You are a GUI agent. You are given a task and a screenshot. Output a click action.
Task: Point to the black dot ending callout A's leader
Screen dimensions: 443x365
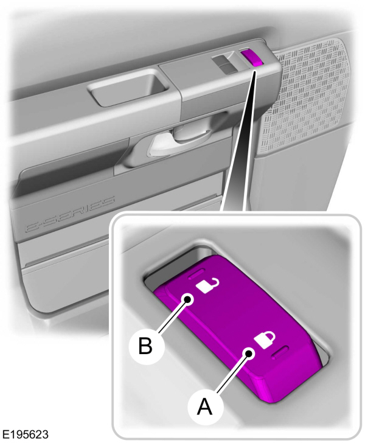point(249,353)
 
